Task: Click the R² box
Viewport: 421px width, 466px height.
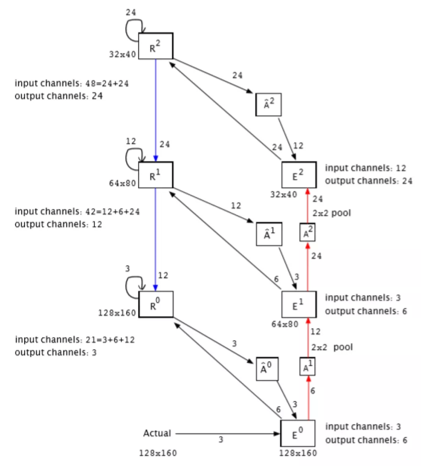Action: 156,46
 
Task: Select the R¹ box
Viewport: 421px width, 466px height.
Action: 156,175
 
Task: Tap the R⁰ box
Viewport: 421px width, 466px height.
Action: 156,304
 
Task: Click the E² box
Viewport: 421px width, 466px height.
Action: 299,175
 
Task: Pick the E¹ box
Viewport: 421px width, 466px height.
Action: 299,304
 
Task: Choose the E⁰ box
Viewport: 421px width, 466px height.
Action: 298,433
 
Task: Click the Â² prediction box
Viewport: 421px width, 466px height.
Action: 268,104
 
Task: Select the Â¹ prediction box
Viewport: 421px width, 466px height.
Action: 269,234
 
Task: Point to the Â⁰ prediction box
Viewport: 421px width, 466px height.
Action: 267,369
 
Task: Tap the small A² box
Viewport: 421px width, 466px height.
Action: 308,233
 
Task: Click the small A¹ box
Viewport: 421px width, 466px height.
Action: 308,366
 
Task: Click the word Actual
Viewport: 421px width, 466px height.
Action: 157,433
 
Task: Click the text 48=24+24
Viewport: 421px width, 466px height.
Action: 107,83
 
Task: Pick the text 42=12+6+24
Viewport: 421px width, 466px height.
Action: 112,211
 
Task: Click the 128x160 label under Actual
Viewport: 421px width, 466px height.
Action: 158,453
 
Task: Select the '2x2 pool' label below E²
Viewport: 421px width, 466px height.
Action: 331,213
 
